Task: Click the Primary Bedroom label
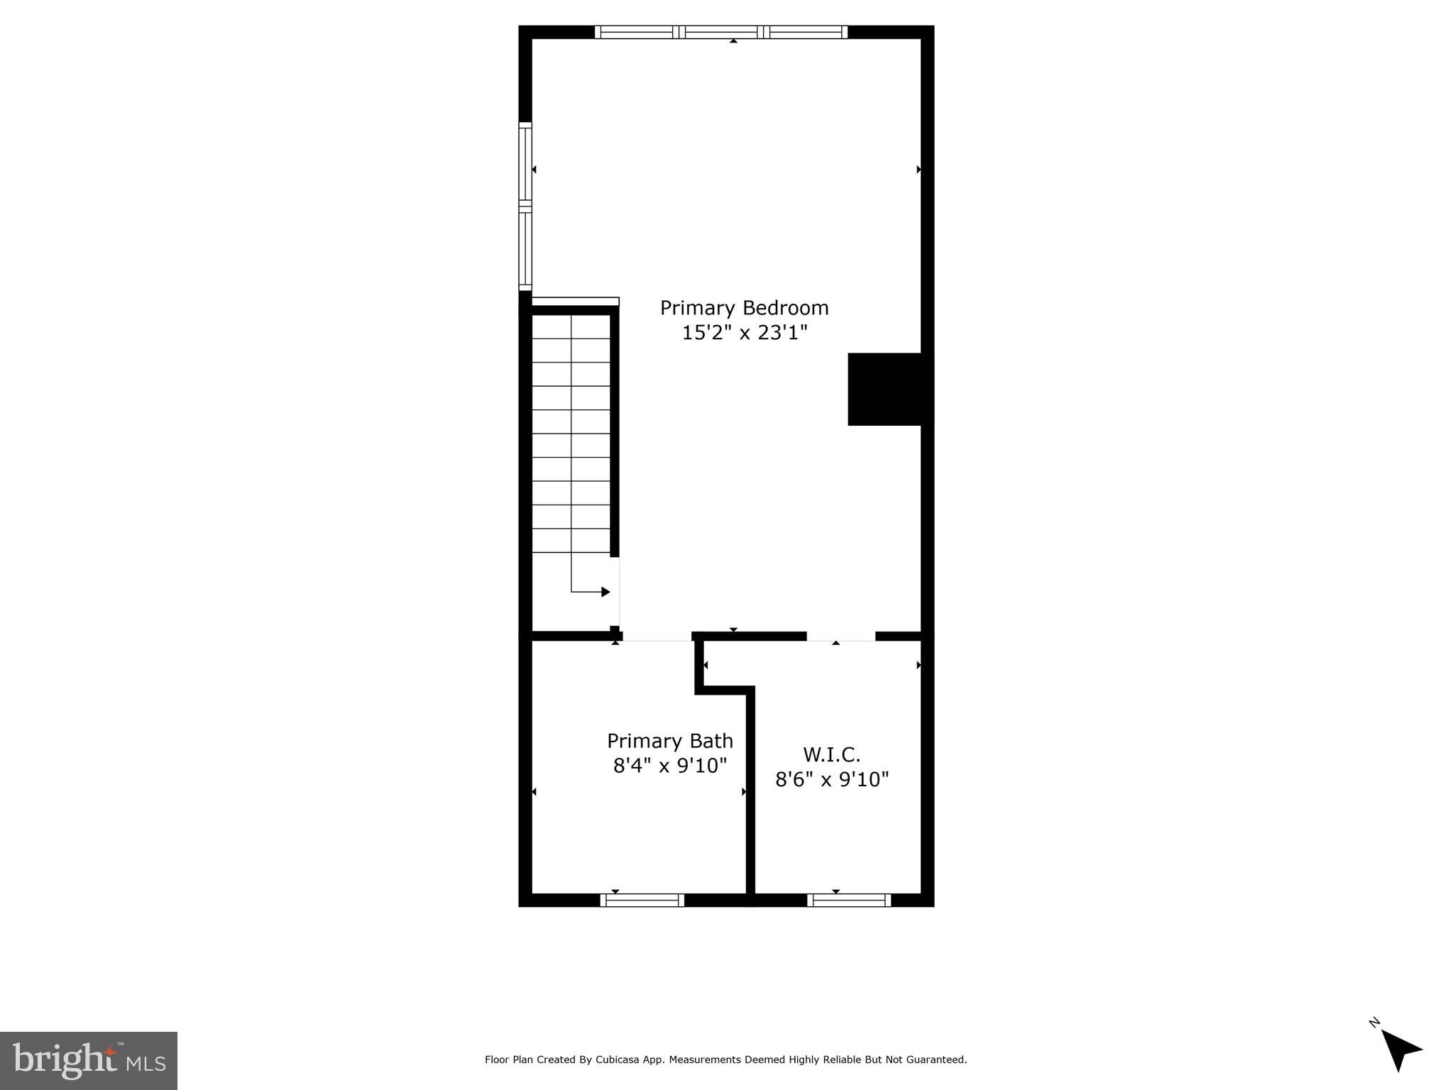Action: (744, 308)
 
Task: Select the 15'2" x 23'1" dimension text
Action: (745, 332)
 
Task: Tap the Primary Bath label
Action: (669, 741)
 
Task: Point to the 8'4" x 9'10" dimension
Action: (670, 766)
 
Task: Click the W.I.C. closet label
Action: (831, 754)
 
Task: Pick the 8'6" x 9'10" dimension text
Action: (831, 779)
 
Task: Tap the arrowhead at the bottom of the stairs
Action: (605, 592)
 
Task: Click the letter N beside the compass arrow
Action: (1374, 1042)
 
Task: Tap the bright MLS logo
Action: (89, 1061)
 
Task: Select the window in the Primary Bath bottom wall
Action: (642, 901)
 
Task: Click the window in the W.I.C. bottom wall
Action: (849, 901)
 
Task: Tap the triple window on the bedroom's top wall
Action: (720, 32)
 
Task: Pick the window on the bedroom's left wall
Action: (525, 206)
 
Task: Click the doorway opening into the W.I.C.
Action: (840, 636)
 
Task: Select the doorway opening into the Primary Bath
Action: (657, 637)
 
